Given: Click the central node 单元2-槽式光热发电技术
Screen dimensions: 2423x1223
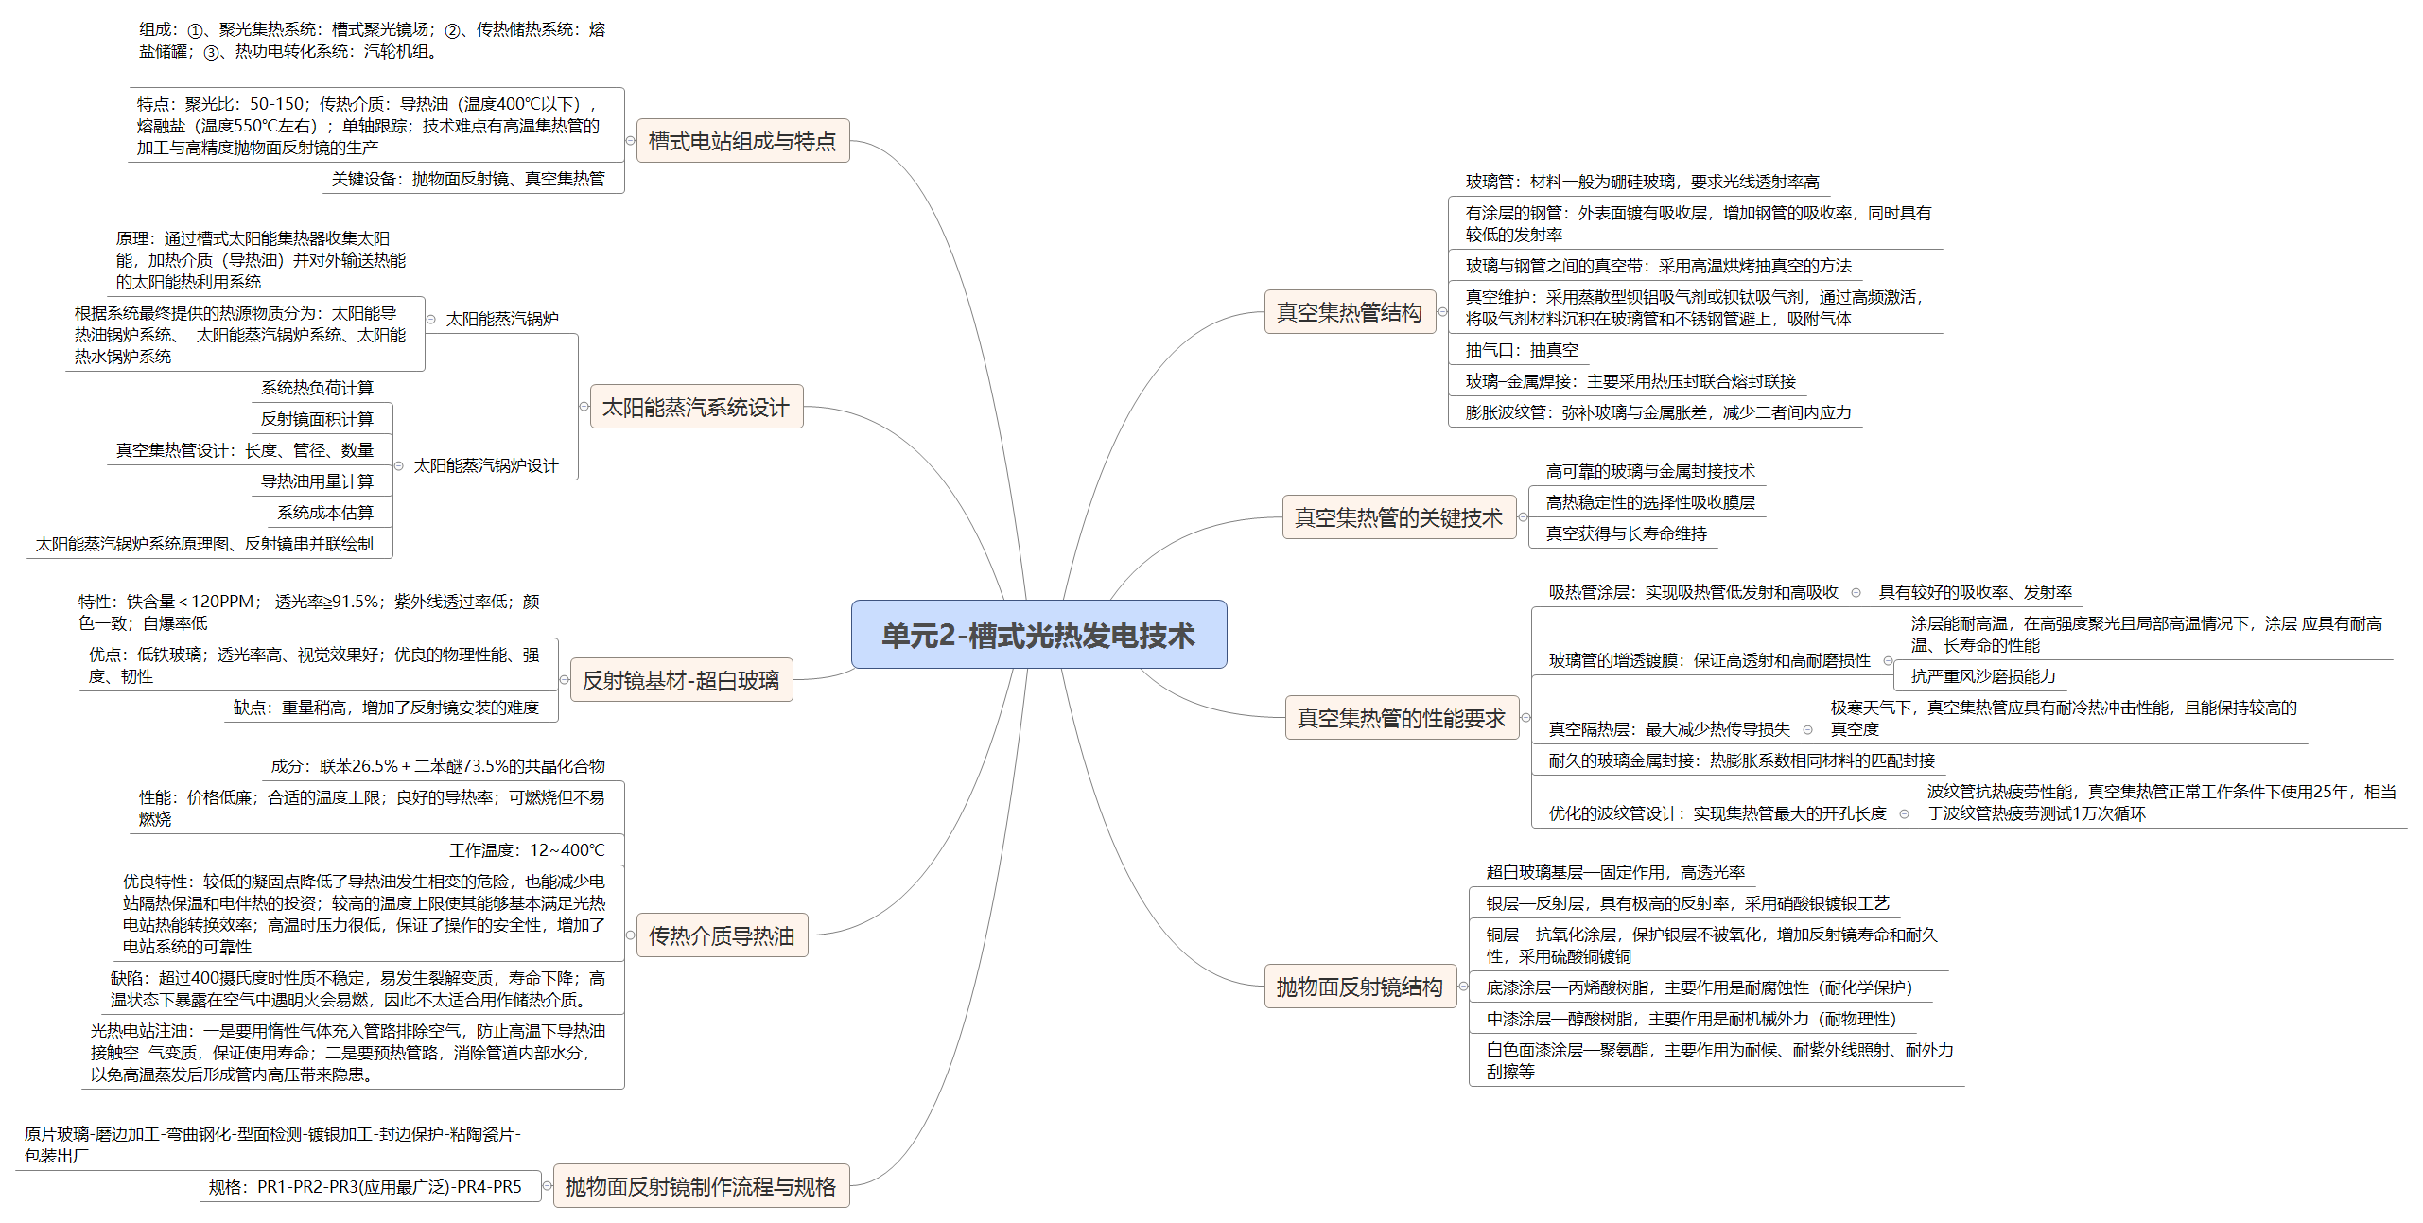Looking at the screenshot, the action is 1038,635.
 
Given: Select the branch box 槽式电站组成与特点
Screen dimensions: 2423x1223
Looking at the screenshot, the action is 742,141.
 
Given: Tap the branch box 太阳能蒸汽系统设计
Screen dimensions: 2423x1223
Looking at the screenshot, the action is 696,407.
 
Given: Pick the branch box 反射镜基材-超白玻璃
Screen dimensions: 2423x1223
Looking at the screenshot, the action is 681,680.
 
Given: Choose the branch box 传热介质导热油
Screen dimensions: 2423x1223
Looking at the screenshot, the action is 722,935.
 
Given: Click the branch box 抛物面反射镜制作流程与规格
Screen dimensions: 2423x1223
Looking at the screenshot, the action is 701,1186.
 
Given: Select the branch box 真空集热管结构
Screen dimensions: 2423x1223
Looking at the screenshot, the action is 1350,312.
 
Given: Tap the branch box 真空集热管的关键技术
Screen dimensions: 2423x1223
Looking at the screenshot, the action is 1399,517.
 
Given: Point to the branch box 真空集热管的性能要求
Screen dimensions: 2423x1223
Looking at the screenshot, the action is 1402,718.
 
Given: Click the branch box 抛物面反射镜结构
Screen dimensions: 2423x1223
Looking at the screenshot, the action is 1360,987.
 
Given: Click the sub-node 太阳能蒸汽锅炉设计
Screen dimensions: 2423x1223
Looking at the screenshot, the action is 486,465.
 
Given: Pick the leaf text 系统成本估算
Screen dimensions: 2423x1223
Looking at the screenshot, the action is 325,513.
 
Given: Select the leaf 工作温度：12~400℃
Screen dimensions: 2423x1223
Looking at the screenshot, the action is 527,850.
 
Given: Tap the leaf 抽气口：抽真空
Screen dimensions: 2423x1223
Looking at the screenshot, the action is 1522,350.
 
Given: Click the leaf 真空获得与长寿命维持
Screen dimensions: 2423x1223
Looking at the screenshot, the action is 1627,533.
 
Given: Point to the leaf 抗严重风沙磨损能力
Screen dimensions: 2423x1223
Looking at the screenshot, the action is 1983,676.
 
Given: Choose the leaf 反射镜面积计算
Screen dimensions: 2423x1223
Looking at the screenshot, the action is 317,419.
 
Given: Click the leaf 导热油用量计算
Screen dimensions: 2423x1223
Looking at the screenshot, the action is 317,481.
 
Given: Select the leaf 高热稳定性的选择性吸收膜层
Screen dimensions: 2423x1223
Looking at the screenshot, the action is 1650,502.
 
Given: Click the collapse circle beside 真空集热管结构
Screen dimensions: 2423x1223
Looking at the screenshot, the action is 1443,312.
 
